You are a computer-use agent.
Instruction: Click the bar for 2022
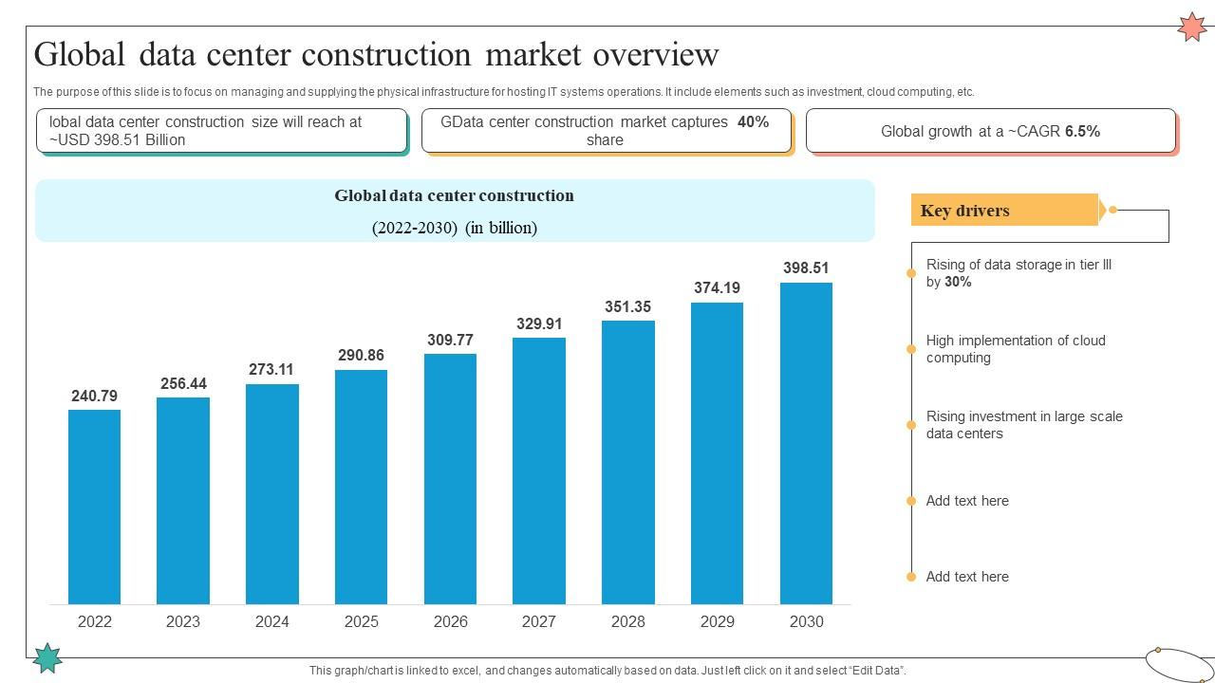(x=94, y=507)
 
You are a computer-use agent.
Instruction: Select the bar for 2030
(x=806, y=443)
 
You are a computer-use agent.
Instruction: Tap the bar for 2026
(x=450, y=479)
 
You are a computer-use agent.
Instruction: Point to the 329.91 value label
(x=539, y=323)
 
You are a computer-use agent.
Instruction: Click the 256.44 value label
(x=183, y=383)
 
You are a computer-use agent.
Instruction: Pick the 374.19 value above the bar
(x=717, y=287)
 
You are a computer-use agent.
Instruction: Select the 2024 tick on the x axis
(x=271, y=621)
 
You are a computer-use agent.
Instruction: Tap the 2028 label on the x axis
(x=627, y=621)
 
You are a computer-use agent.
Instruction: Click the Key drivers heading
(x=964, y=211)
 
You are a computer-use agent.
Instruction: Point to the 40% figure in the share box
(x=753, y=121)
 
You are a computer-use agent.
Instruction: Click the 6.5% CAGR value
(x=1082, y=131)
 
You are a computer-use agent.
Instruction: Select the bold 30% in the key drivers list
(x=958, y=282)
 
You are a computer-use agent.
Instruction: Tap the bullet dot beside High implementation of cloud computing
(x=911, y=349)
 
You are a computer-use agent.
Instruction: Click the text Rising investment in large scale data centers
(x=1024, y=425)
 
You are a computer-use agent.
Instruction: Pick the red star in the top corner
(x=1191, y=27)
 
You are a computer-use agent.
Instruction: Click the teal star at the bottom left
(x=47, y=657)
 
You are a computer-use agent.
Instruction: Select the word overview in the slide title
(x=656, y=55)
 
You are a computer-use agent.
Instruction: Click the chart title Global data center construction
(x=454, y=195)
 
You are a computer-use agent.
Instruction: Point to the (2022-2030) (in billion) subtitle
(x=454, y=228)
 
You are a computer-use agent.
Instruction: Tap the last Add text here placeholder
(x=967, y=577)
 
